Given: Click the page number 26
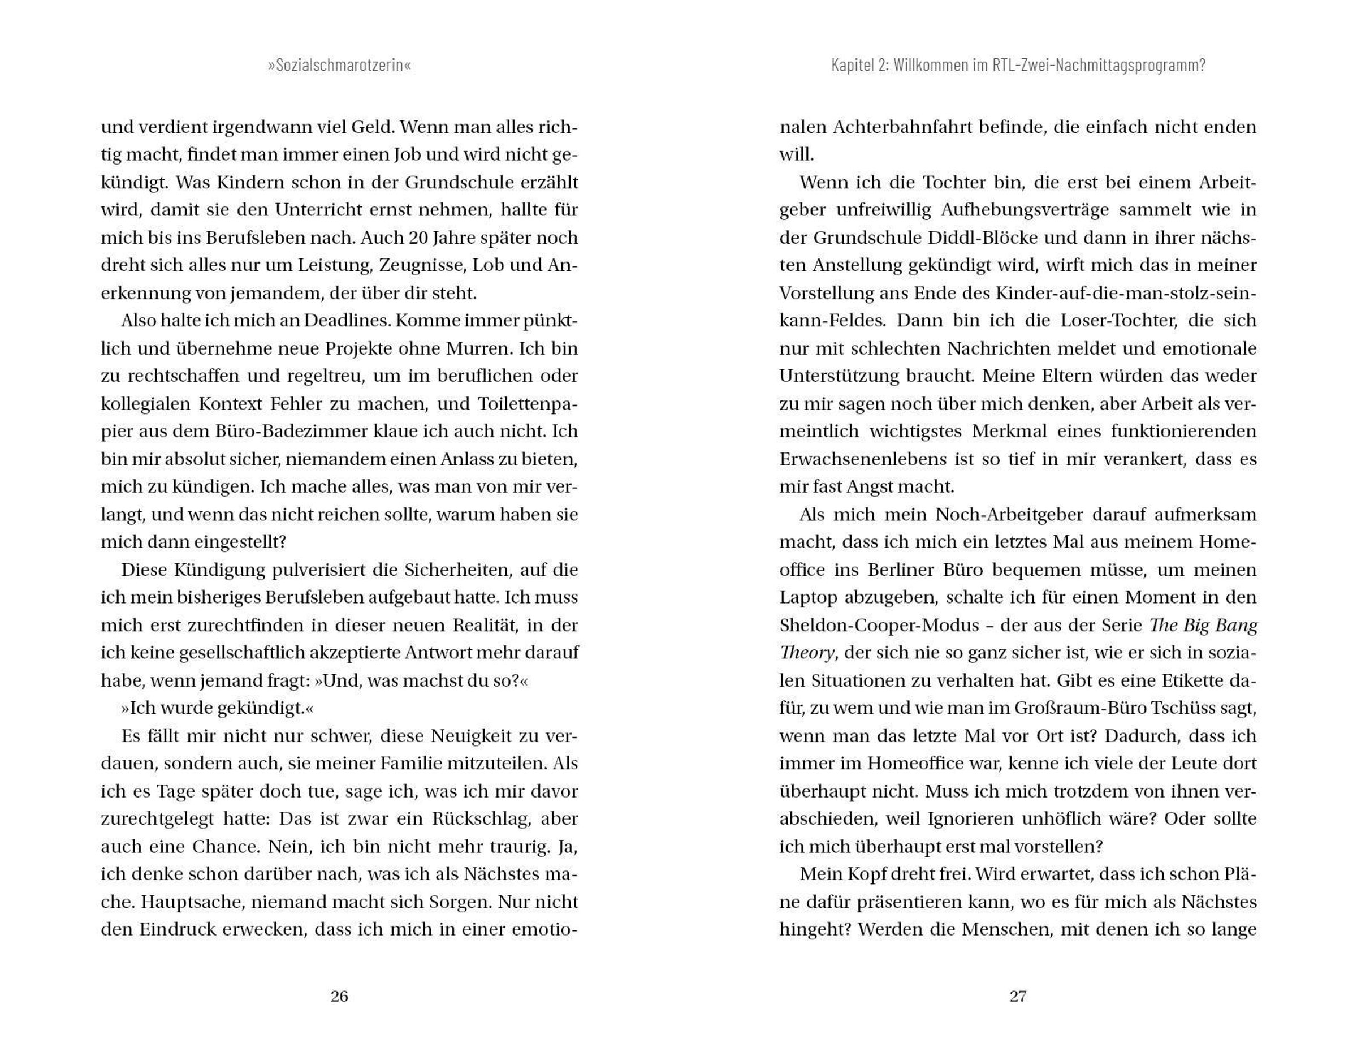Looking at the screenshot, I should [x=339, y=997].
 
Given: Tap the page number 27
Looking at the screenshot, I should [x=1018, y=997].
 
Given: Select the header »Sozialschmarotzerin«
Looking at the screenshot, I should [x=339, y=65].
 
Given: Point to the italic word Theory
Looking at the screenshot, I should [x=806, y=653].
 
